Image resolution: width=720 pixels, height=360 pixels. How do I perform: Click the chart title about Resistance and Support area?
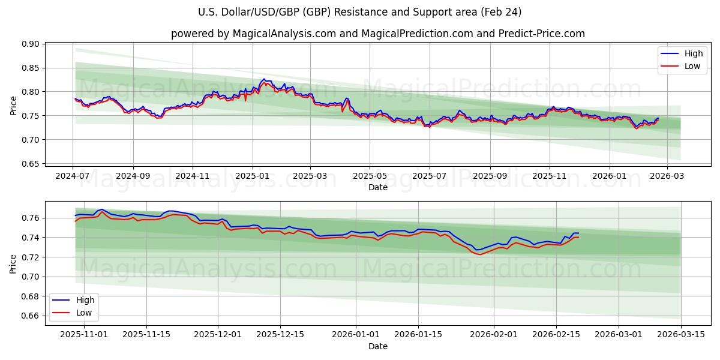[x=359, y=12]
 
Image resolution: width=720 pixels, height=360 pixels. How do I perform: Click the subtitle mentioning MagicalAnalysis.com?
[x=377, y=34]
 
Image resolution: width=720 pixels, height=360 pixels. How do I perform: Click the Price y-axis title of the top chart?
[x=14, y=105]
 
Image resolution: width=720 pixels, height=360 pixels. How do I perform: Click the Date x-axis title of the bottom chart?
[x=378, y=346]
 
